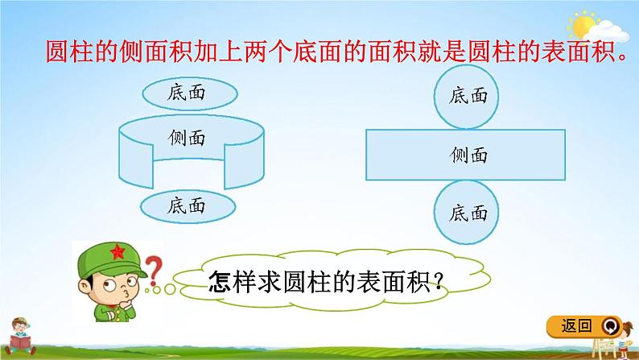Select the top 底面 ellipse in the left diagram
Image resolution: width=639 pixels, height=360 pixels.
point(187,92)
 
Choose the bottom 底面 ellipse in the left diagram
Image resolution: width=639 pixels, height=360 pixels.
point(187,205)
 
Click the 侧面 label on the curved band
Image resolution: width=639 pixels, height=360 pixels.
point(187,138)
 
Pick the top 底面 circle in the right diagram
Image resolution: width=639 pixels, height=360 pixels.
point(469,96)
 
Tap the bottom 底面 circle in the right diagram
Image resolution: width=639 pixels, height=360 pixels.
point(469,213)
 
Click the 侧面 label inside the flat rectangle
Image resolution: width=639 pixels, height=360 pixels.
point(469,154)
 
